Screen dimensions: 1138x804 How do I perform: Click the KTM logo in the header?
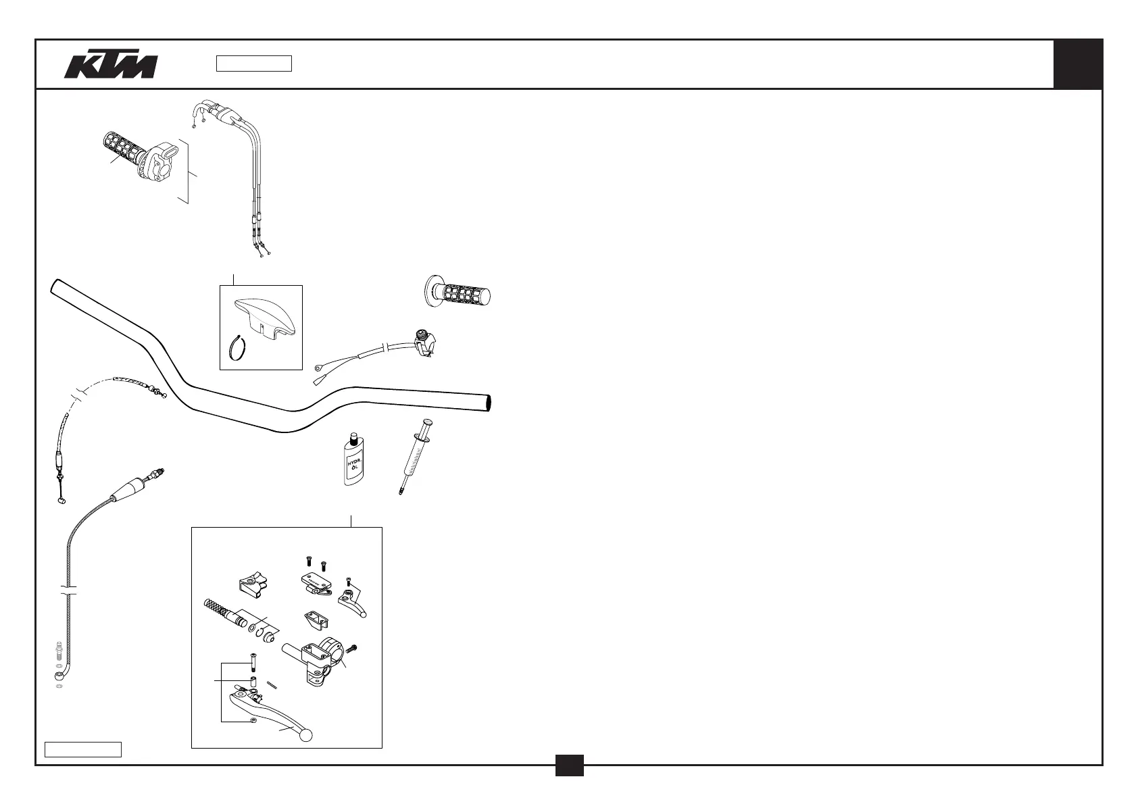[111, 65]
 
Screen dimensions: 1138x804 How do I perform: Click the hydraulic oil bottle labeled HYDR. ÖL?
[352, 460]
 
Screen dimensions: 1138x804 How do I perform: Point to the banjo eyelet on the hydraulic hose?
[58, 674]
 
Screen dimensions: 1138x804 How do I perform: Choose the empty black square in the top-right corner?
[1078, 64]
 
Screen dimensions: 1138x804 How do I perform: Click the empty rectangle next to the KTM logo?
[253, 64]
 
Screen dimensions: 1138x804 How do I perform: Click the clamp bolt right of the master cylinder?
[351, 649]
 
